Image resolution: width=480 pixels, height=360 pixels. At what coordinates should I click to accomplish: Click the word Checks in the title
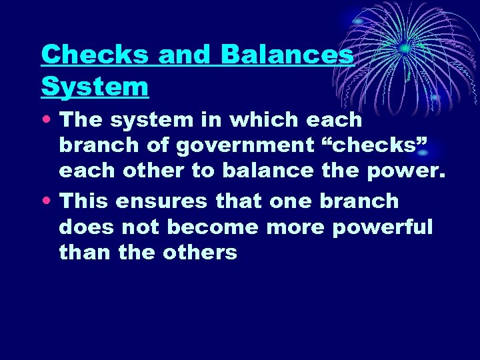[94, 55]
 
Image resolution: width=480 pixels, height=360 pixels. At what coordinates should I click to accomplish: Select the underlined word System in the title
[95, 87]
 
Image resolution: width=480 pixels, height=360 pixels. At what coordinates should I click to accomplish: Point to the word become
[212, 227]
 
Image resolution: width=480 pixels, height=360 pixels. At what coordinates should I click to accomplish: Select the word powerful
[383, 227]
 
